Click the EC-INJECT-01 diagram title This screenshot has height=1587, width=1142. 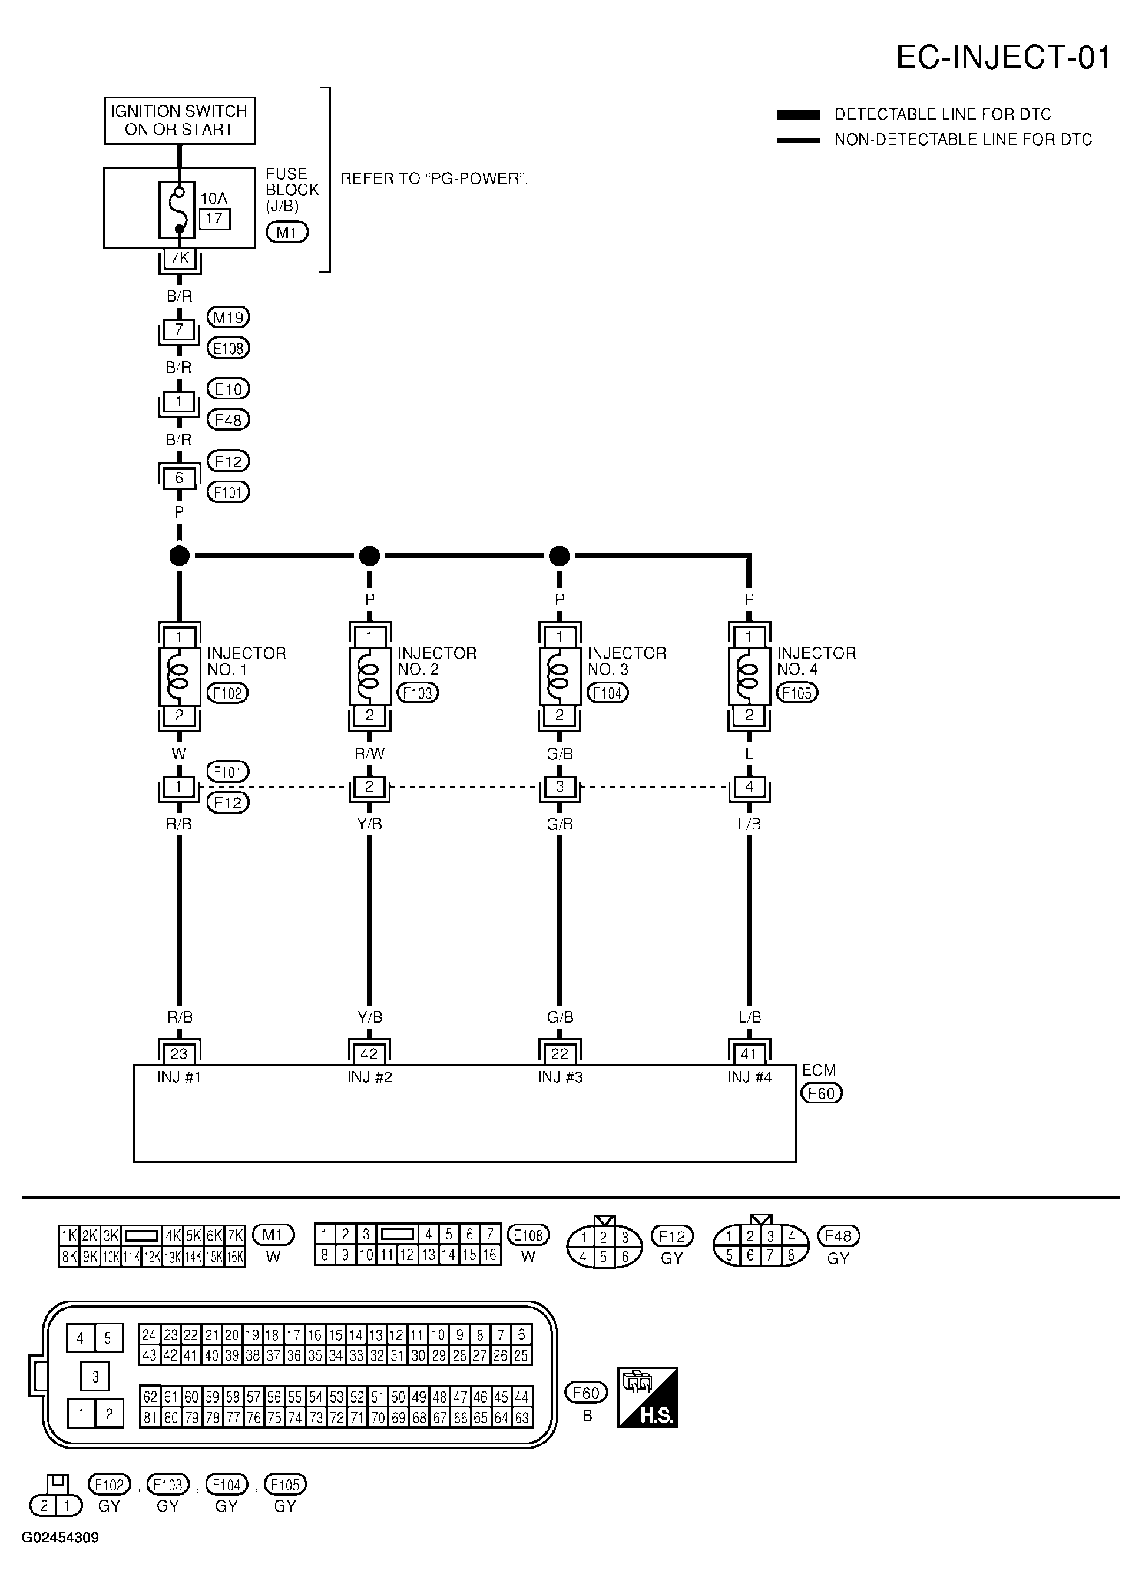(x=1003, y=57)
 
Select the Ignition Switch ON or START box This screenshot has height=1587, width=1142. (x=179, y=120)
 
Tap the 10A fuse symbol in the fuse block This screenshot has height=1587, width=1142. (x=179, y=210)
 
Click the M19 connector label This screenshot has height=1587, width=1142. (x=228, y=318)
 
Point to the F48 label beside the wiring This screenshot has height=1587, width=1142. (x=228, y=420)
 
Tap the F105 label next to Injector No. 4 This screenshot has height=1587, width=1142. (x=797, y=693)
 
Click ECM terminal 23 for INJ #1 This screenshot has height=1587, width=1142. (x=179, y=1054)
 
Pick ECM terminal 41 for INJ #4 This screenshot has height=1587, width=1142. (x=749, y=1054)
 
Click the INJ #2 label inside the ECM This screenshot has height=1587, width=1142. (x=369, y=1077)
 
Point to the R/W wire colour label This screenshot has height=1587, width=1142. (x=369, y=753)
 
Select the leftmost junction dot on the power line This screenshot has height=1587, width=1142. (x=179, y=556)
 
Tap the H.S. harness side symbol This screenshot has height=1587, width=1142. (x=647, y=1397)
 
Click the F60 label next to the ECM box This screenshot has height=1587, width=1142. (x=822, y=1093)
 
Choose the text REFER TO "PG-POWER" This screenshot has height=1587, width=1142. (x=434, y=179)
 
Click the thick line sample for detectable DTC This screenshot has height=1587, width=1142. (x=799, y=115)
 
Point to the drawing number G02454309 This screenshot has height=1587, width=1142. (x=60, y=1538)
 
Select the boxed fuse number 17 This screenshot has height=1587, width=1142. (x=214, y=219)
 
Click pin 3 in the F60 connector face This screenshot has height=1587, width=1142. (x=95, y=1378)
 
